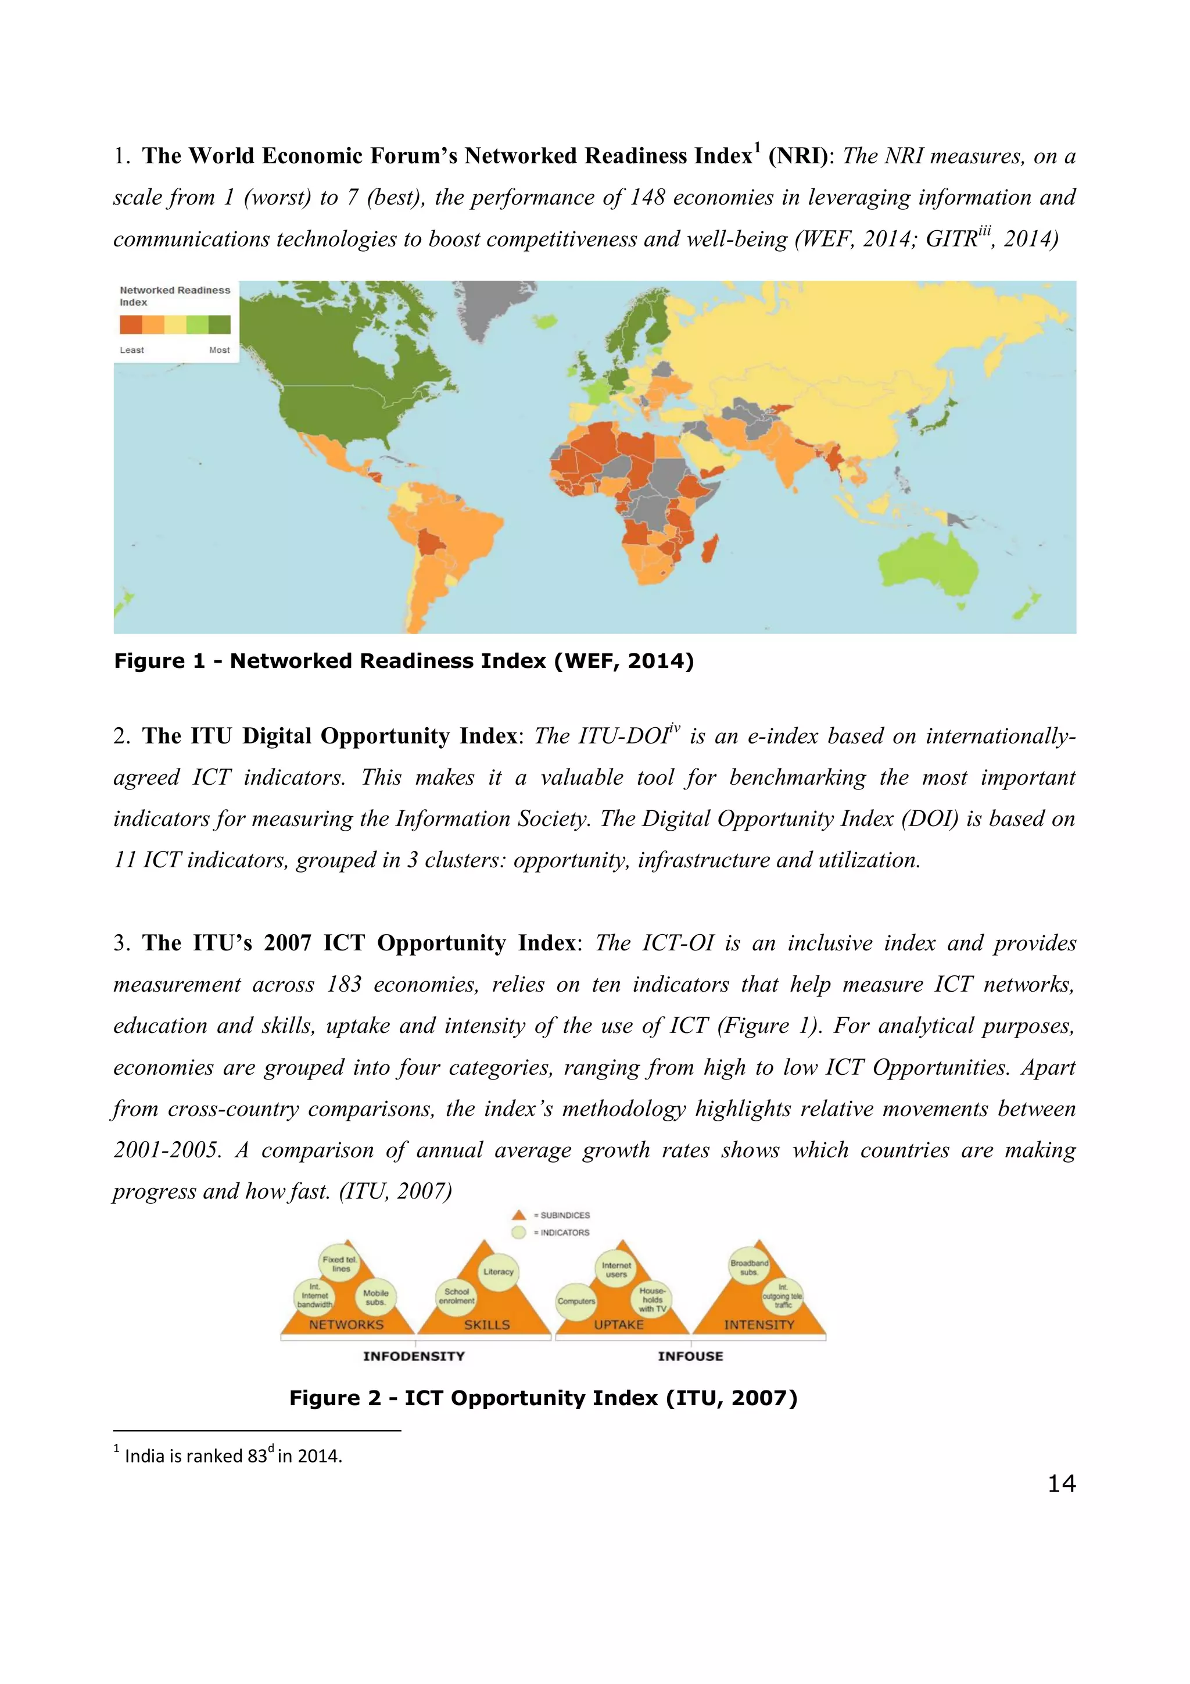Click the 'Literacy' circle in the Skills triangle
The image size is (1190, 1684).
pos(498,1271)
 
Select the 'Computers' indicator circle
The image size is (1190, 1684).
pos(576,1300)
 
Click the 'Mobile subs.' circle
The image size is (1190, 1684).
pos(375,1297)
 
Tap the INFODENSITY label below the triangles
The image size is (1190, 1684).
pos(414,1356)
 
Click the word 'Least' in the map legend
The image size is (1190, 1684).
pos(132,350)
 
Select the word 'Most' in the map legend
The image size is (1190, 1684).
pos(219,350)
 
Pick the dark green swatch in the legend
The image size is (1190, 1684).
pos(219,324)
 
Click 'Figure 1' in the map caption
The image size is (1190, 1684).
pos(159,661)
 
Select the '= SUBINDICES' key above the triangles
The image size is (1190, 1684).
pos(562,1215)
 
